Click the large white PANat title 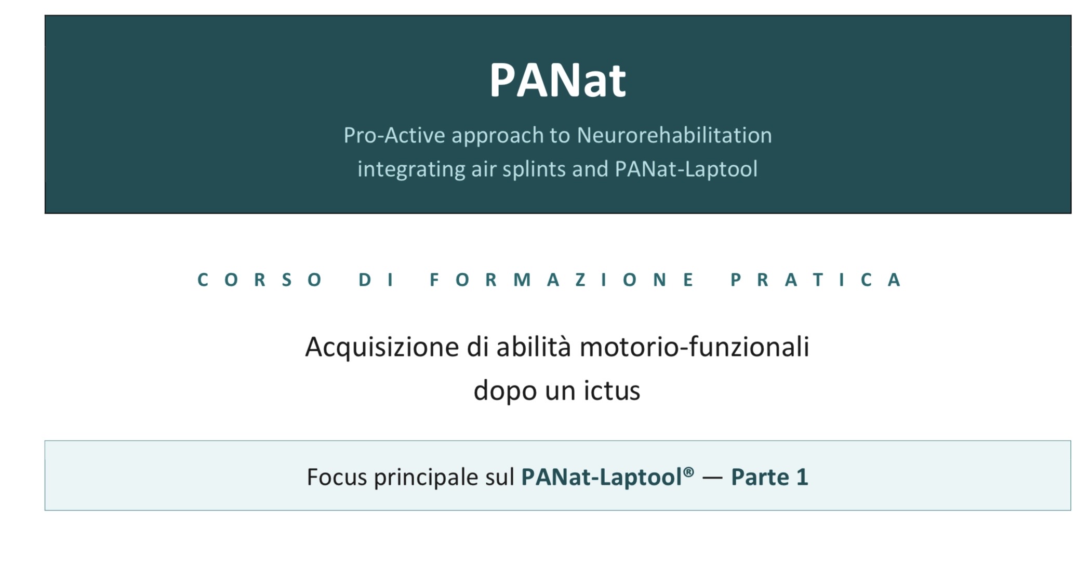pyautogui.click(x=557, y=80)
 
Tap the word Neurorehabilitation pyautogui.click(x=674, y=135)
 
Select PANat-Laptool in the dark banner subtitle pyautogui.click(x=686, y=169)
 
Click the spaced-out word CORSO pyautogui.click(x=260, y=280)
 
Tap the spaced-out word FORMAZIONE pyautogui.click(x=562, y=280)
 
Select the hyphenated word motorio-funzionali pyautogui.click(x=695, y=347)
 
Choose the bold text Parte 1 pyautogui.click(x=770, y=477)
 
